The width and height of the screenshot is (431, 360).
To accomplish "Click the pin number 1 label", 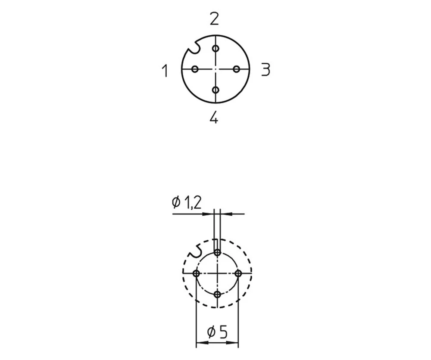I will click(x=164, y=70).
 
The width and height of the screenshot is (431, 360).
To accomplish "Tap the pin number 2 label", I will click(x=214, y=19).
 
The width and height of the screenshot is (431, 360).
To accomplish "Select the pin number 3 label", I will click(x=265, y=69).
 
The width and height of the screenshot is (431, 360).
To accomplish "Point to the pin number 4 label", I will click(x=214, y=117).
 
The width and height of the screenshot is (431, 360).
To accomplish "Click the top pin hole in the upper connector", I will click(x=215, y=49).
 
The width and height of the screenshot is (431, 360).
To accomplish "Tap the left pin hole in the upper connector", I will click(x=195, y=69).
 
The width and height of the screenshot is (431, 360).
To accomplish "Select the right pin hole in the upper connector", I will click(x=236, y=69).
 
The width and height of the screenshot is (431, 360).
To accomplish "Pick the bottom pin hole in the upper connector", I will click(x=215, y=90).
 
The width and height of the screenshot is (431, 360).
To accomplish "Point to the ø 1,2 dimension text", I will click(x=187, y=202).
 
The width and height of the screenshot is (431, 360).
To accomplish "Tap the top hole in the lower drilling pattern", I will click(x=218, y=253).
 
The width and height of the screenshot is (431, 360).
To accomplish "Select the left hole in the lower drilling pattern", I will click(x=197, y=273).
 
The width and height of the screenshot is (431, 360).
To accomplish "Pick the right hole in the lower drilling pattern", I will click(x=238, y=273).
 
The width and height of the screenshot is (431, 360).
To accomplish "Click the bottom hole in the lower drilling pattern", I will click(x=218, y=294).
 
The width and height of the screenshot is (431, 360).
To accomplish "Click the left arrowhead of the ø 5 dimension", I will click(x=200, y=343).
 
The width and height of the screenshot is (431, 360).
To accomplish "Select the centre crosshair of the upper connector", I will click(x=215, y=69).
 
